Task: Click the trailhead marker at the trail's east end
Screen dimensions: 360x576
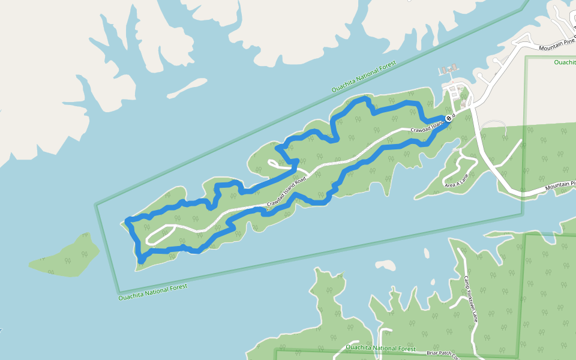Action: (x=449, y=119)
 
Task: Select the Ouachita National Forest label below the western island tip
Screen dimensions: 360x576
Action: (x=152, y=292)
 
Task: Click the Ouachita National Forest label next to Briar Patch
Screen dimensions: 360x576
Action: (x=380, y=348)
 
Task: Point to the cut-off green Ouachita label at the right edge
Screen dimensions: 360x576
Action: (x=564, y=62)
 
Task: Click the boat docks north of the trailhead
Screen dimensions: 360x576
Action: (x=448, y=71)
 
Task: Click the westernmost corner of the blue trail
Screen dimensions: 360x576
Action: (x=127, y=220)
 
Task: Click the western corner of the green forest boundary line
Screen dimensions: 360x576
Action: (x=96, y=205)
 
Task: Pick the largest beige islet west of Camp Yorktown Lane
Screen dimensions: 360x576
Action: (x=385, y=264)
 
